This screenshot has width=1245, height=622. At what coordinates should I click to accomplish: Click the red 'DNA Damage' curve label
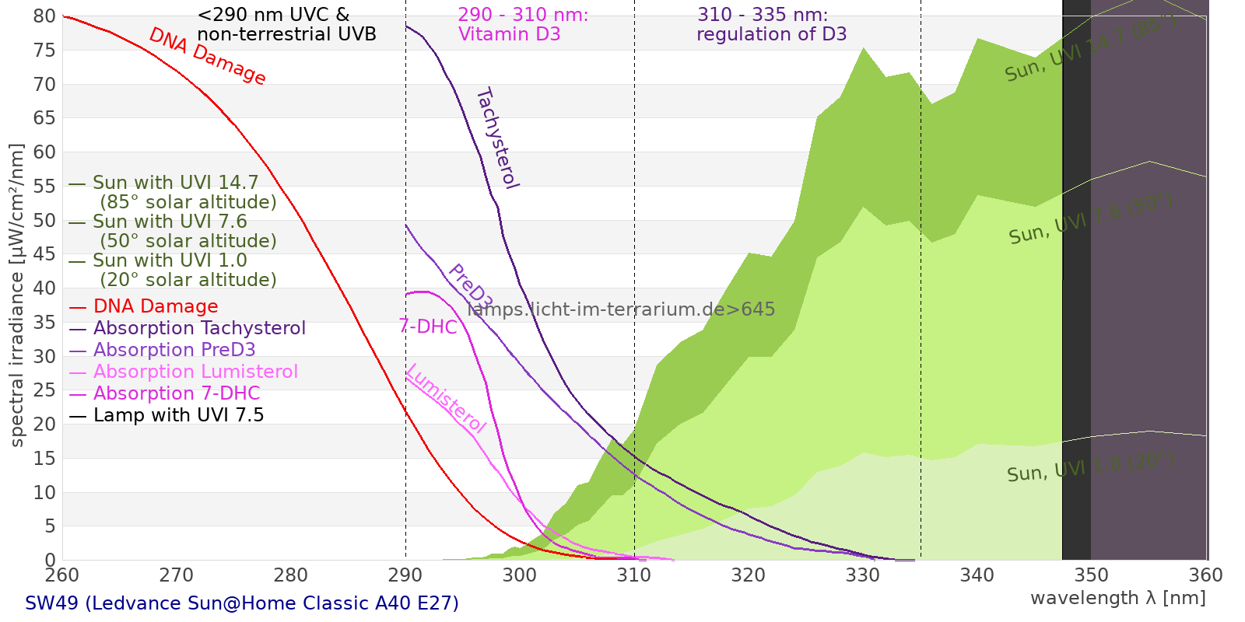point(207,56)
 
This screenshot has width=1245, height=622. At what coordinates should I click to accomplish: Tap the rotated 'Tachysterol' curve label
point(497,138)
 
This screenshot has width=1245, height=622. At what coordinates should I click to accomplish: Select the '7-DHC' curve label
point(428,327)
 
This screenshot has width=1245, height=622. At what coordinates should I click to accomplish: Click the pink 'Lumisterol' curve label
point(446,398)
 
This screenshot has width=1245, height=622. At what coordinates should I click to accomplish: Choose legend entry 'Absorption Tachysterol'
point(199,328)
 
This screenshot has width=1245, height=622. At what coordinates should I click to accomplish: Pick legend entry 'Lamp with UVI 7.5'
point(178,415)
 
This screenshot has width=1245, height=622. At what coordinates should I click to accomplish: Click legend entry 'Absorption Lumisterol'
point(195,372)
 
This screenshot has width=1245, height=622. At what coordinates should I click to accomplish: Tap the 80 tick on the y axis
point(45,16)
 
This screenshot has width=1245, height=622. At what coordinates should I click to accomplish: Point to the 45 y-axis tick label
point(45,254)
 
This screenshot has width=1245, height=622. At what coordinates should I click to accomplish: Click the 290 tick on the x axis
point(405,575)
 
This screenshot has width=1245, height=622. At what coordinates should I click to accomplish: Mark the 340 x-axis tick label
point(977,575)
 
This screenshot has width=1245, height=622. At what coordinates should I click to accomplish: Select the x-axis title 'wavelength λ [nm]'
point(1118,598)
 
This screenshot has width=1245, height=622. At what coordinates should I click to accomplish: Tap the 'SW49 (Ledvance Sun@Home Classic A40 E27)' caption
point(242,603)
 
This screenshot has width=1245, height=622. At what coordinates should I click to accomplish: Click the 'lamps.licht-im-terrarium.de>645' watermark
point(621,309)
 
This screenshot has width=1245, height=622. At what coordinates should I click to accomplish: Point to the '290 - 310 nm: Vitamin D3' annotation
point(523,24)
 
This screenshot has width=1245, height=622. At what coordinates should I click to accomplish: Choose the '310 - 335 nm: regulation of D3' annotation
point(771,24)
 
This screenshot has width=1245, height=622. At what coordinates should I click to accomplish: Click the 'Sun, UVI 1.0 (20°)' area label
point(1090,468)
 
